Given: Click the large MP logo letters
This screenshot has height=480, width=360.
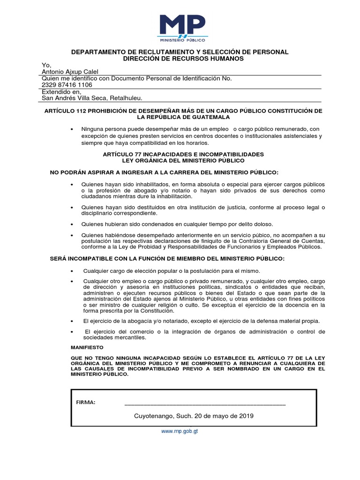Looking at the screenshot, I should tap(182, 24).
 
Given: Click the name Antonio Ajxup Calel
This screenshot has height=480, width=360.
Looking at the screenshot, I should tap(70, 72).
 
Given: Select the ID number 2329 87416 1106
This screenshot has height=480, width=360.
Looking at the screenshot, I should tap(67, 85).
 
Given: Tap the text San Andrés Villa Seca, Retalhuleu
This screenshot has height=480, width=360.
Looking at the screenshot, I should tap(92, 98).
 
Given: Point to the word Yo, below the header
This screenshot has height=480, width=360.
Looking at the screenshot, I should tap(46, 65).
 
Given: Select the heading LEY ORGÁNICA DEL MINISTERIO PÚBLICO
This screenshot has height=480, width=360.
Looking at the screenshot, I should tap(183, 160).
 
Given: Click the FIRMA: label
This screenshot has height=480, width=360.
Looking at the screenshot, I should tap(86, 402).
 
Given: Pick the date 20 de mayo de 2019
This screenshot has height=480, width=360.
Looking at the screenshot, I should tap(223, 416).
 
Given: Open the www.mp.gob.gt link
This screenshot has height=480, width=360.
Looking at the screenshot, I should tap(180, 431).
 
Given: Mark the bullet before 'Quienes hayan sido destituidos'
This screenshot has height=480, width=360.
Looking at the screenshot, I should tap(72, 207).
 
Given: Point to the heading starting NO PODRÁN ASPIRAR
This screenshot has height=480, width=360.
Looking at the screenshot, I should tap(164, 172).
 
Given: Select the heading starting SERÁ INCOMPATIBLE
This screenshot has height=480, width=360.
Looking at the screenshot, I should tap(167, 259).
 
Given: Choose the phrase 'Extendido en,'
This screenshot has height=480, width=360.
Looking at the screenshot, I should tap(62, 92).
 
